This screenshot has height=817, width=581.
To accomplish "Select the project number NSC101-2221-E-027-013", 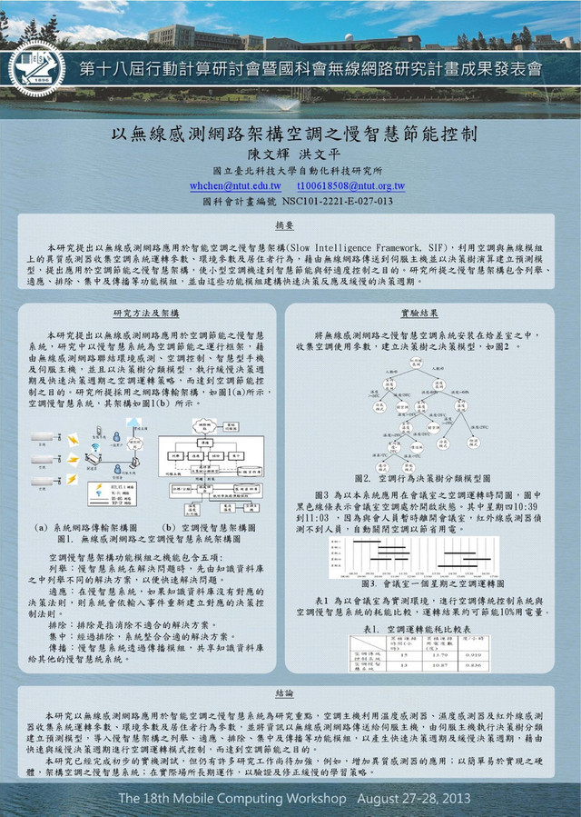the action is [335, 201].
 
